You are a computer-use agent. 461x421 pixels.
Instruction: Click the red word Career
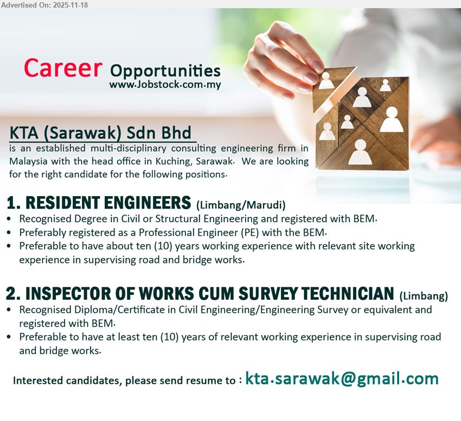point(63,68)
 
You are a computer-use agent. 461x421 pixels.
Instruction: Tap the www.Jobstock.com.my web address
point(165,85)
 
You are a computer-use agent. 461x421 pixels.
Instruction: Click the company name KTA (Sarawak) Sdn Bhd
point(100,133)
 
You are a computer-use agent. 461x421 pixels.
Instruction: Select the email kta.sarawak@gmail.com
point(342,379)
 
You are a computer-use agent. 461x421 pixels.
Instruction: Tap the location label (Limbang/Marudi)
point(241,205)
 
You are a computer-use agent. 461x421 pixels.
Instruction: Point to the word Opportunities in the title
point(165,71)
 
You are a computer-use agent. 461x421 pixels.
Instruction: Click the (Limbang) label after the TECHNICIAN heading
point(424,296)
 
